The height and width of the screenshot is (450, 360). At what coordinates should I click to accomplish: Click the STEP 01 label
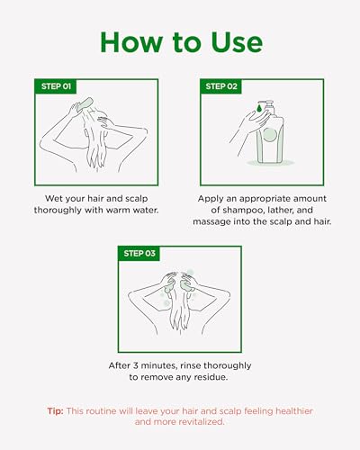(56, 86)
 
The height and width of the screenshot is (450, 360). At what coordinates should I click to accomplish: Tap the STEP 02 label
(221, 86)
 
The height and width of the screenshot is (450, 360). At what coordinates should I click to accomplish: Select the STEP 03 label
(139, 254)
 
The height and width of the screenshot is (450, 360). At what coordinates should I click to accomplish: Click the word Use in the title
(237, 42)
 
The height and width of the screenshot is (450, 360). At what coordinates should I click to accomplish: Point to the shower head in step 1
(85, 104)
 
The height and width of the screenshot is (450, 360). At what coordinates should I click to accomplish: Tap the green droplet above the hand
(259, 107)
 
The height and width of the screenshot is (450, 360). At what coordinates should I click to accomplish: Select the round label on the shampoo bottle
(270, 134)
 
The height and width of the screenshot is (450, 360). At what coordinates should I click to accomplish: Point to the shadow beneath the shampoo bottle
(271, 163)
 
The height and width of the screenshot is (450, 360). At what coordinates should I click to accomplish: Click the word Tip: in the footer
(55, 411)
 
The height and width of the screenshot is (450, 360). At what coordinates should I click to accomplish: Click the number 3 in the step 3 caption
(136, 365)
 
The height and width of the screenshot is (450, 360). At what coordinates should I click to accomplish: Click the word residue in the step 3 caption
(211, 377)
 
